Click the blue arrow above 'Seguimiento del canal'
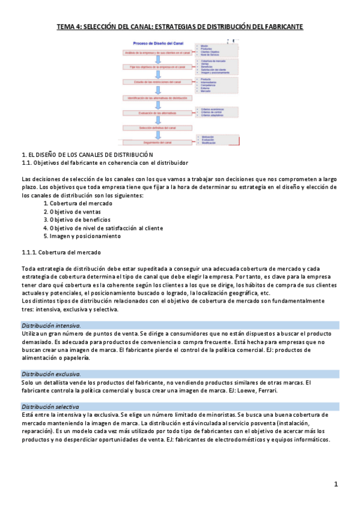pyautogui.click(x=159, y=135)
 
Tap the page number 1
pyautogui.click(x=336, y=484)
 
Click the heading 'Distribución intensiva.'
pyautogui.click(x=51, y=325)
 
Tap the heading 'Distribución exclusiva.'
pyautogui.click(x=51, y=374)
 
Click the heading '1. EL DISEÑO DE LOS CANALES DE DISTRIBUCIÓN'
pyautogui.click(x=88, y=155)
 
